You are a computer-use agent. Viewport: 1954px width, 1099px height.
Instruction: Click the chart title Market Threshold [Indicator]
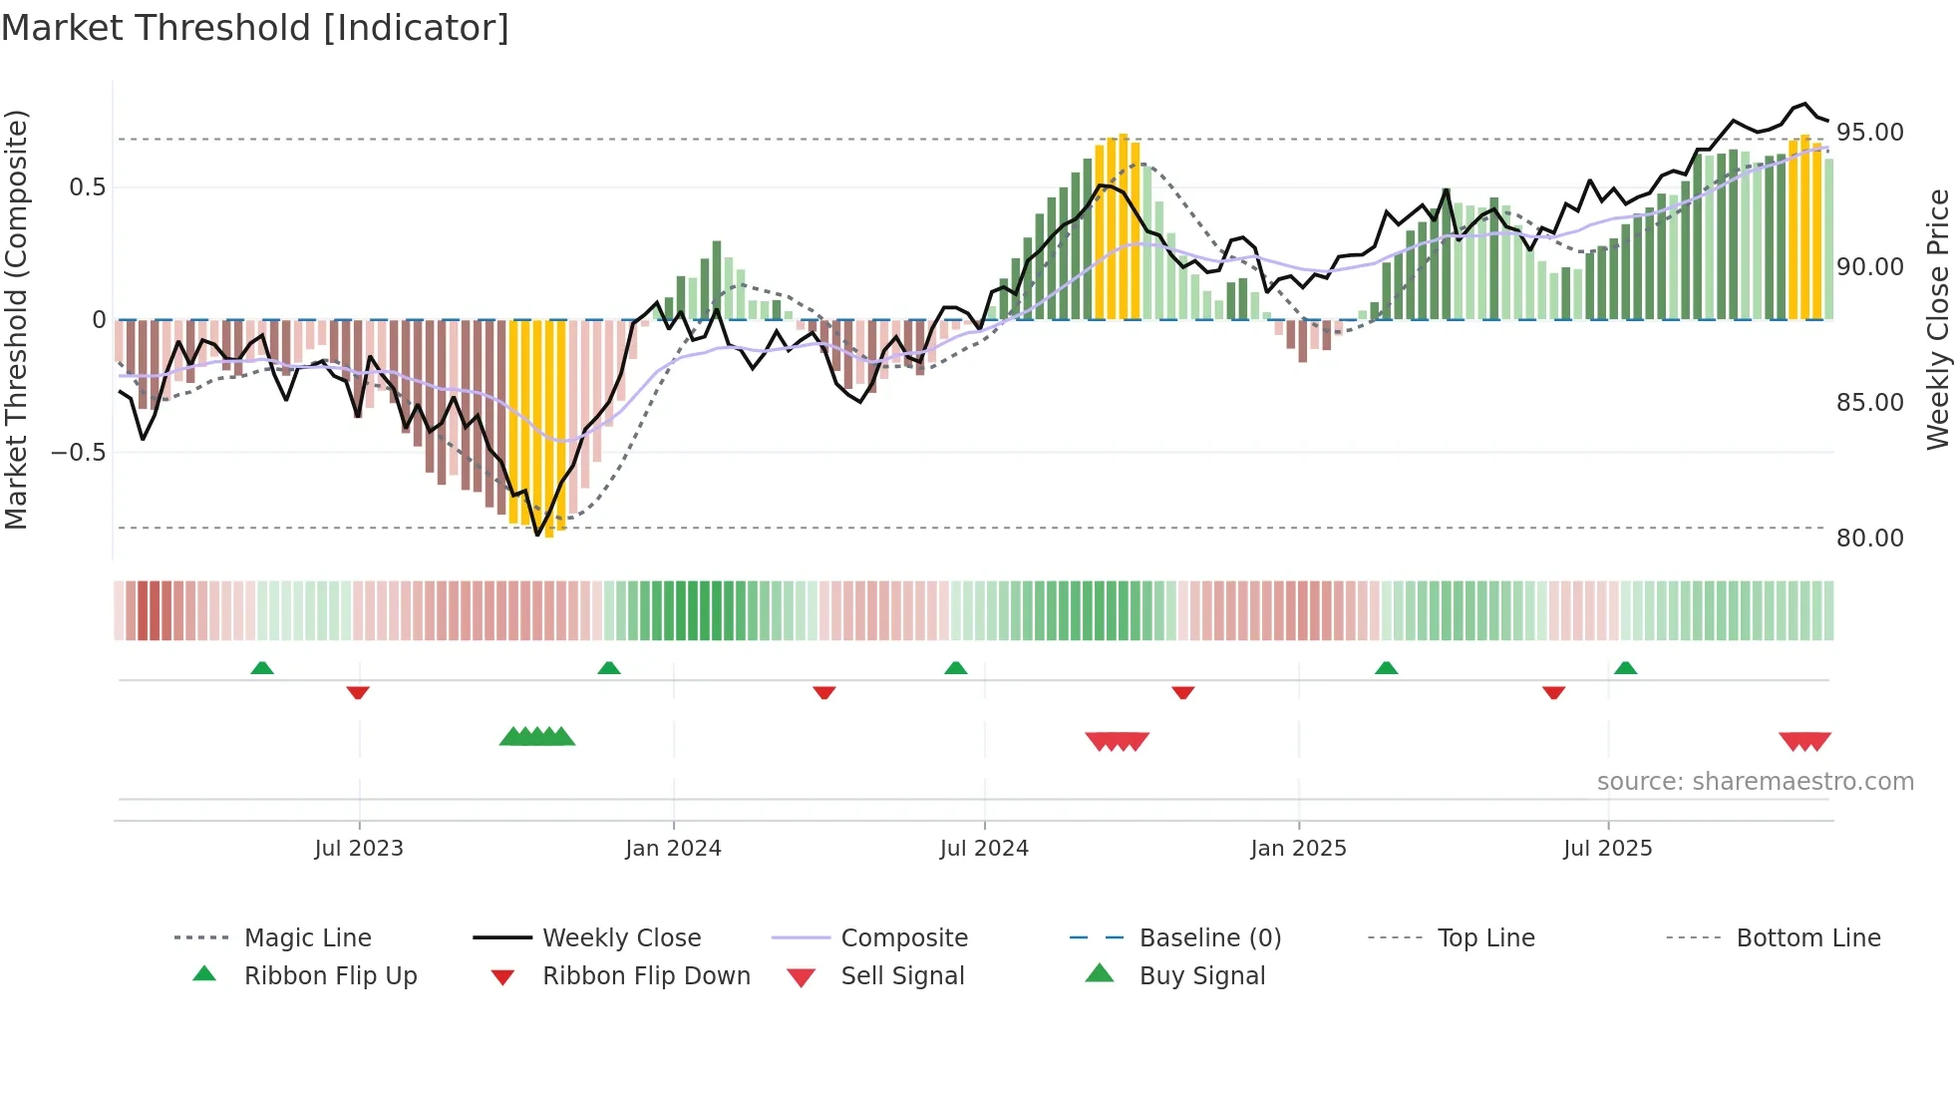click(x=255, y=28)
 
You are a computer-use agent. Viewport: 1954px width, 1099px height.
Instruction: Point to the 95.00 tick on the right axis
click(x=1869, y=133)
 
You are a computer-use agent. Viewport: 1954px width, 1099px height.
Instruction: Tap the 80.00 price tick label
click(x=1869, y=539)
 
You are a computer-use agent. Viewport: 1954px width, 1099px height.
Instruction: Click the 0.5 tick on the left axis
click(x=87, y=187)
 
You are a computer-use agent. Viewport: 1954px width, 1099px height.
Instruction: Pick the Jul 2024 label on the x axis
click(x=983, y=849)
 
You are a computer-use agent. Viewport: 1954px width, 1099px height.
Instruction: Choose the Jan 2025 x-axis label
click(x=1298, y=849)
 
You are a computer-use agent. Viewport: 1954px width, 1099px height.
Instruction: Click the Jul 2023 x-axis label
click(x=358, y=849)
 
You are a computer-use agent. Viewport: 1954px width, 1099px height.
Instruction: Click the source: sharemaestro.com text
click(x=1755, y=782)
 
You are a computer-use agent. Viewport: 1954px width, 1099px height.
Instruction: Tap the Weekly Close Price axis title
click(x=1937, y=319)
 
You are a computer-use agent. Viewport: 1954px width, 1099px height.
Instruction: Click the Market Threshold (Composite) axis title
click(x=16, y=319)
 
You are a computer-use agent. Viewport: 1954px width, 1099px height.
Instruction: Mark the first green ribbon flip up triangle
click(x=262, y=668)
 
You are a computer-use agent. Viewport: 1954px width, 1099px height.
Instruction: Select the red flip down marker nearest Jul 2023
click(x=358, y=692)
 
